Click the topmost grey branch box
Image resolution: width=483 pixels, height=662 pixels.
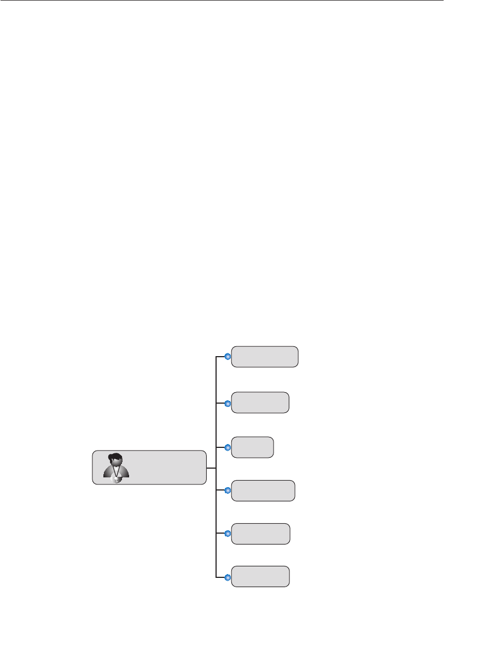[265, 356]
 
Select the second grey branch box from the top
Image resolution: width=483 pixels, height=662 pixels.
[260, 403]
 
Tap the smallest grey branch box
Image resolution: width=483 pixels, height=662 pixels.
[252, 447]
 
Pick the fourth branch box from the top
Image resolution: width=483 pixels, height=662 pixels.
[263, 490]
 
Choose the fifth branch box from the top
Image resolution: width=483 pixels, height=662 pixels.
[260, 534]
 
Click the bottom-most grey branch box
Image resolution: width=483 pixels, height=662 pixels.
[260, 576]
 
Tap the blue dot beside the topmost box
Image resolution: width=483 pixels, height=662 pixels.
[229, 357]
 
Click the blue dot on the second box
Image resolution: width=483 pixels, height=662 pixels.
[229, 403]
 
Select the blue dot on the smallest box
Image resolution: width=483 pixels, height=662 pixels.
[229, 447]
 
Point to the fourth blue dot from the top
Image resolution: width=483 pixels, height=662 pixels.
[229, 490]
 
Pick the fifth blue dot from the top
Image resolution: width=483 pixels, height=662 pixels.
[229, 534]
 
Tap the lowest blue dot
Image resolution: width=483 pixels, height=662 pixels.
[229, 577]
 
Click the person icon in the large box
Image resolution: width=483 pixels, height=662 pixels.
[116, 468]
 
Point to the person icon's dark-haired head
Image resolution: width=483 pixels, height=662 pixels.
[115, 459]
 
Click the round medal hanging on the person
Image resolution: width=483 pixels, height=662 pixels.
[116, 479]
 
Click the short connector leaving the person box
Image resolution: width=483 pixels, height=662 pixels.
[212, 468]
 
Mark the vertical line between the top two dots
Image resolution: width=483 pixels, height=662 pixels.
[217, 380]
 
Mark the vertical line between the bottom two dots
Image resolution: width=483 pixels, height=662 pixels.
[217, 555]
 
